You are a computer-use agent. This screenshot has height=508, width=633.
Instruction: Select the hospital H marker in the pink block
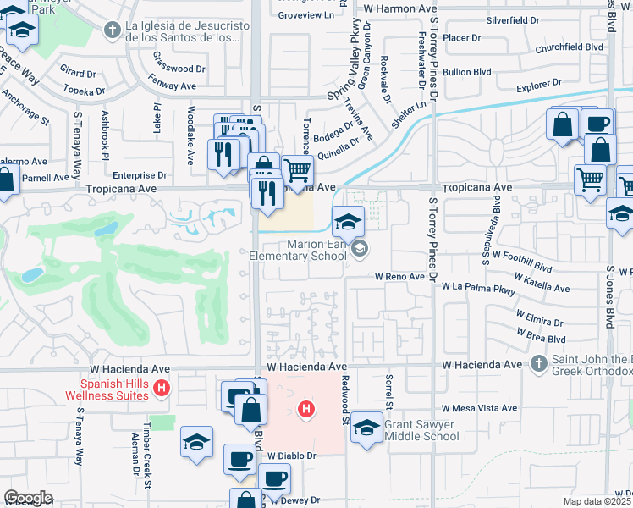306,411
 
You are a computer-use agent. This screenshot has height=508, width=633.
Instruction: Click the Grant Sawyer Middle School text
421,430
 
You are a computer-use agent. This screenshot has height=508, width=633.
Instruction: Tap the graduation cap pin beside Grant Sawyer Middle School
366,426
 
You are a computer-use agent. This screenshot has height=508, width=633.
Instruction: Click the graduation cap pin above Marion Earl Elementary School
347,222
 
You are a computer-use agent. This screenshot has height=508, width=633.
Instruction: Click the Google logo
28,498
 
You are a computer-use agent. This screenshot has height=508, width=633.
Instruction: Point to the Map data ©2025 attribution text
597,501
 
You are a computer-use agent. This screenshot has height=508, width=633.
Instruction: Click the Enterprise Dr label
134,175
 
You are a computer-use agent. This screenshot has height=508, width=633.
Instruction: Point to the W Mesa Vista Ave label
478,408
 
